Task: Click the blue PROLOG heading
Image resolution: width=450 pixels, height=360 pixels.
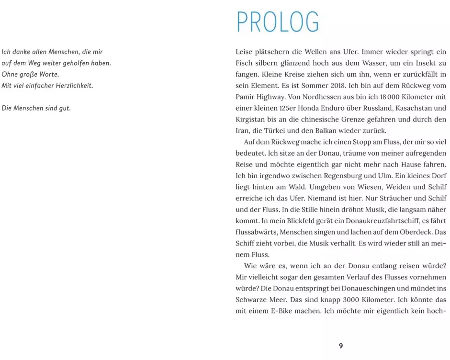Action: (x=278, y=22)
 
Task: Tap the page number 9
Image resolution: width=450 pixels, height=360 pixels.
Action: (x=341, y=346)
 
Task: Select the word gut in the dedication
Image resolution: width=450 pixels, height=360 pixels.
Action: (x=65, y=108)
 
